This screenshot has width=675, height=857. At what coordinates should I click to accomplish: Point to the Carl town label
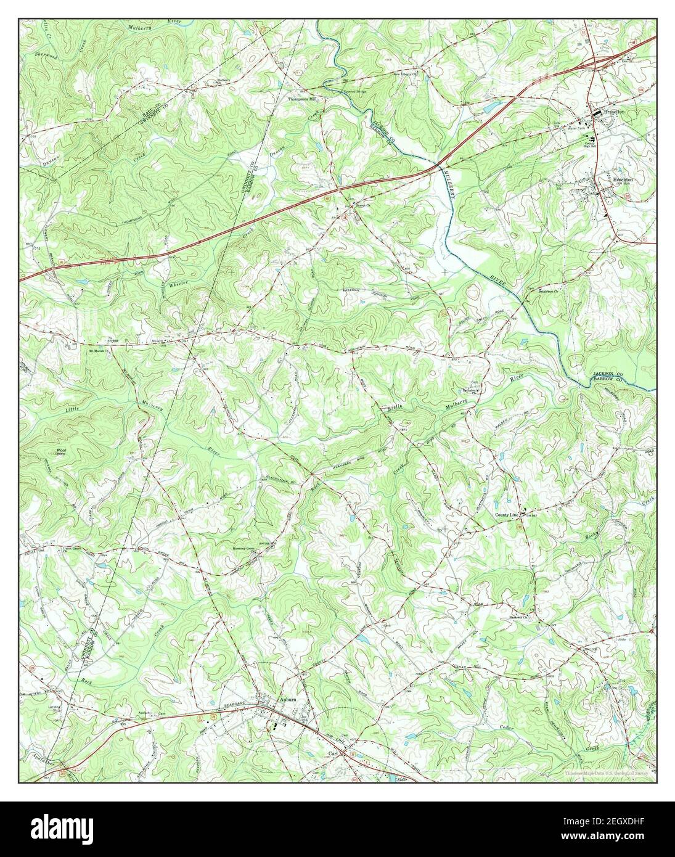(x=333, y=753)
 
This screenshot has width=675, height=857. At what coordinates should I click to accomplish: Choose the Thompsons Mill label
(x=304, y=99)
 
